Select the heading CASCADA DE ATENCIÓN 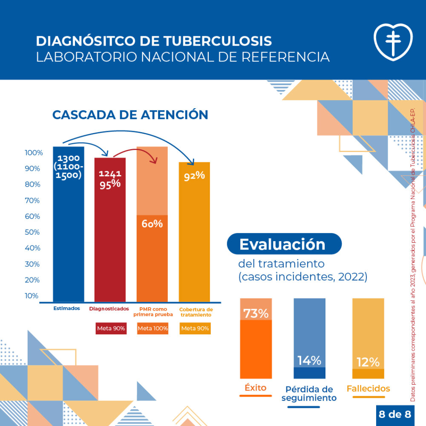[x=130, y=115]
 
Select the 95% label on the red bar [x=110, y=184]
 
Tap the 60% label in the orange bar [x=152, y=223]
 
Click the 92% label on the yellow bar [x=195, y=176]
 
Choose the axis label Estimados [x=66, y=308]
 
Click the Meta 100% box [x=153, y=328]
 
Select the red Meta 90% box [x=110, y=328]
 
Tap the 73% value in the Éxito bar [x=256, y=313]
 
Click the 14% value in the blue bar [x=309, y=360]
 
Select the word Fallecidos [x=368, y=389]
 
